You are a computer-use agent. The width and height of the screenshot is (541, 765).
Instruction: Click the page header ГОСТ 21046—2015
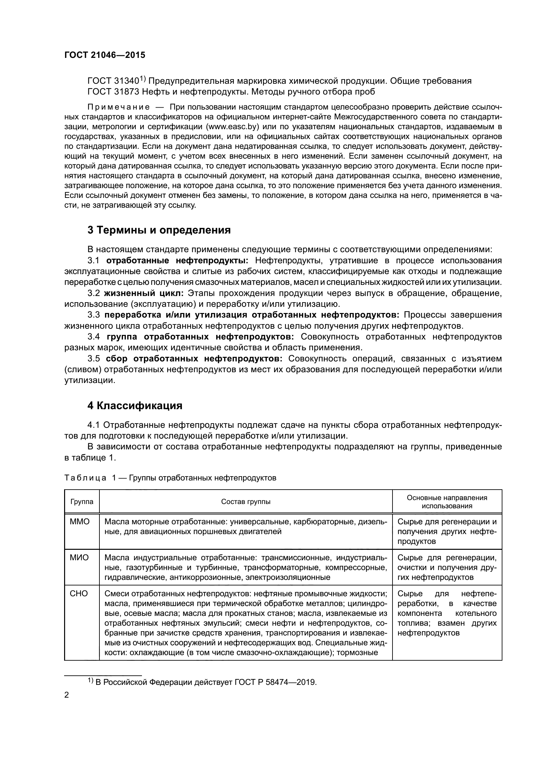coord(105,55)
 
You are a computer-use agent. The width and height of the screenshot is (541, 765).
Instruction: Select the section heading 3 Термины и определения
coord(159,230)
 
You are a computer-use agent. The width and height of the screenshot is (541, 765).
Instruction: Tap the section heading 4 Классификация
coord(134,406)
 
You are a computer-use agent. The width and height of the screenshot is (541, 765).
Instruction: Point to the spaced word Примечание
coord(118,107)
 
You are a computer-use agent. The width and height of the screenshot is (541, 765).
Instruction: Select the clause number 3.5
coord(94,358)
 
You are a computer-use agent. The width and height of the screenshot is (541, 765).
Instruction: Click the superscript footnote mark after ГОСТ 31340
coord(143,79)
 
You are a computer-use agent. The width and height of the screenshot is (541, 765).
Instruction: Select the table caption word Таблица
coord(85,478)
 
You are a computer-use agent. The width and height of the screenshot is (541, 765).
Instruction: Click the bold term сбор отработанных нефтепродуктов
coord(194,358)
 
